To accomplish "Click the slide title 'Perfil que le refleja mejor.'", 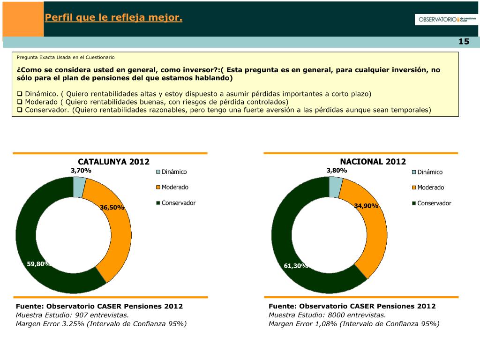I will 113,18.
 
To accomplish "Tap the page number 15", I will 464,42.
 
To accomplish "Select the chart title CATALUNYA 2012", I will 113,162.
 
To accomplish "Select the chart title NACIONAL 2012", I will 373,162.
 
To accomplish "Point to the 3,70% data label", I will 81,171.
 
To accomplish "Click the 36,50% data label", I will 112,207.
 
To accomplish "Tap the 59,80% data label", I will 39,264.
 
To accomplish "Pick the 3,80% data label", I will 337,171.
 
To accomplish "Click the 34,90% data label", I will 366,206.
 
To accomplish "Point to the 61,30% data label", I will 296,266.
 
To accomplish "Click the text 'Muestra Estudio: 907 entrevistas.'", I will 73,315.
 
